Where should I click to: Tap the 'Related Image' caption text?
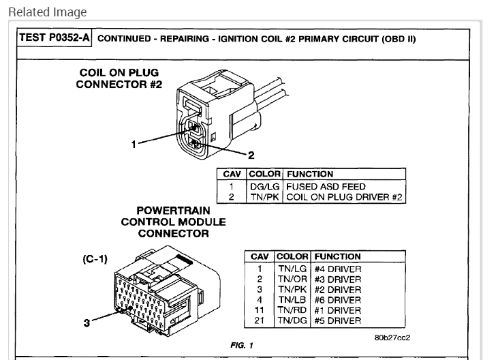(x=37, y=12)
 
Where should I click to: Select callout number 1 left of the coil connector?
(x=135, y=145)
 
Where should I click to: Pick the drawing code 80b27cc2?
(x=391, y=336)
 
